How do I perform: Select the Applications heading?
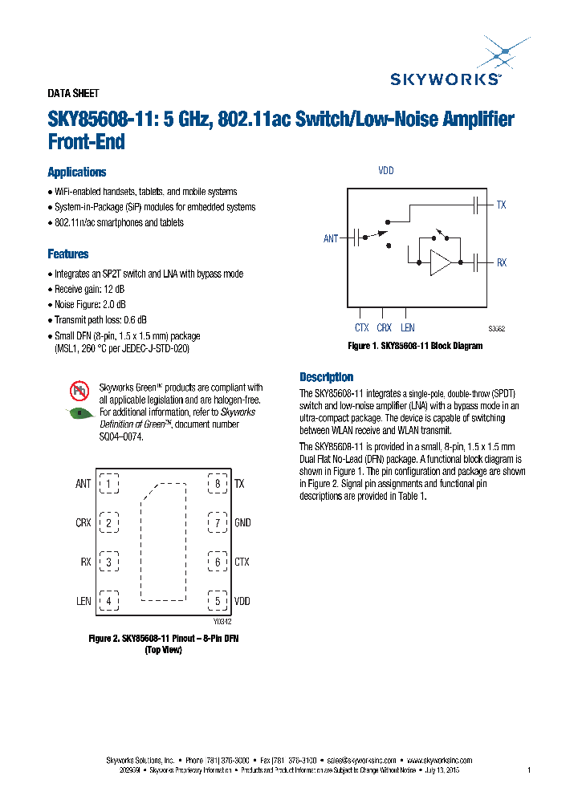click(77, 173)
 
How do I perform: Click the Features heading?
click(68, 254)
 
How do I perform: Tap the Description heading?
click(326, 377)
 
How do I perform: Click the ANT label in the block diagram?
click(331, 239)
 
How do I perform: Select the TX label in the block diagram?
click(501, 205)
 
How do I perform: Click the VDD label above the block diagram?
click(386, 171)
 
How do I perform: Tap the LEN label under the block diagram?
click(408, 327)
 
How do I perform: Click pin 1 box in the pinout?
click(108, 484)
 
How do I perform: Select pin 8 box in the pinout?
click(217, 484)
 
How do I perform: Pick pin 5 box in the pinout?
click(217, 601)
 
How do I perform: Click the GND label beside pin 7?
click(242, 523)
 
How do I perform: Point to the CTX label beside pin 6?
click(242, 562)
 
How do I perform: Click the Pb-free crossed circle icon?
click(79, 392)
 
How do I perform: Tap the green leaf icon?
click(79, 413)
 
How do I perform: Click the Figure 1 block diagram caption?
click(414, 346)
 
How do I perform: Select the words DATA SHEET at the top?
click(73, 93)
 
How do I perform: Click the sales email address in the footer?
click(363, 760)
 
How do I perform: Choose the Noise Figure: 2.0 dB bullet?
click(90, 305)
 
